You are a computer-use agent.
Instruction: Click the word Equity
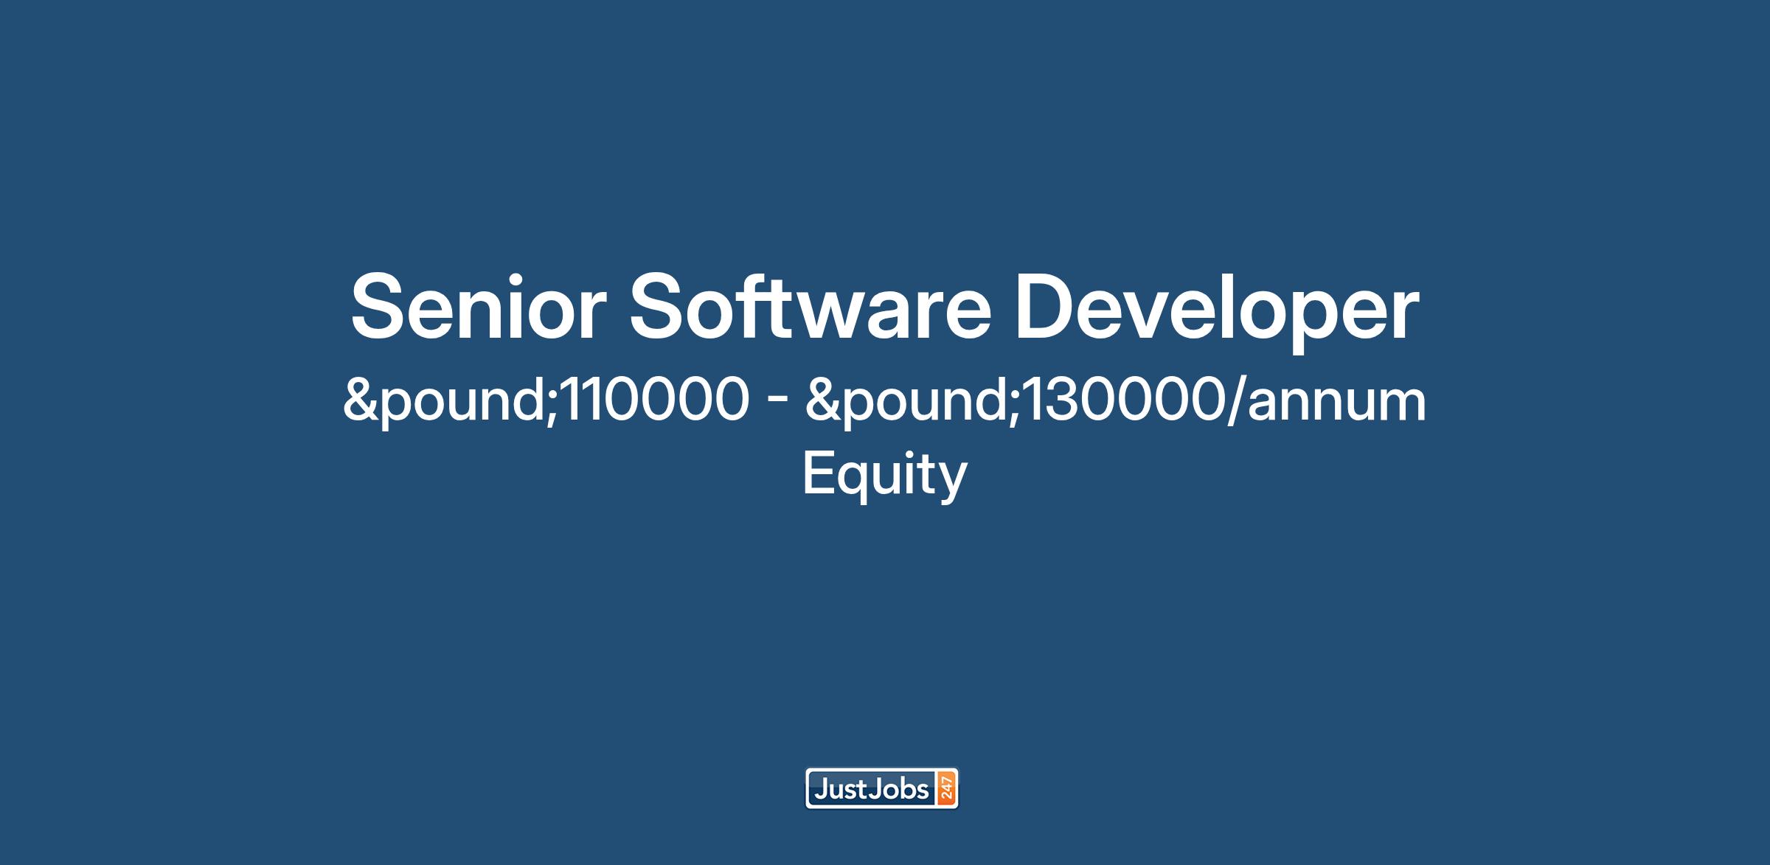[884, 475]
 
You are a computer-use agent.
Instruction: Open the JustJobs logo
[881, 789]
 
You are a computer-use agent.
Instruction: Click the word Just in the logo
[840, 790]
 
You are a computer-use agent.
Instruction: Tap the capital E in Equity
[817, 473]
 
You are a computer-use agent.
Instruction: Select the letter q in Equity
[853, 480]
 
